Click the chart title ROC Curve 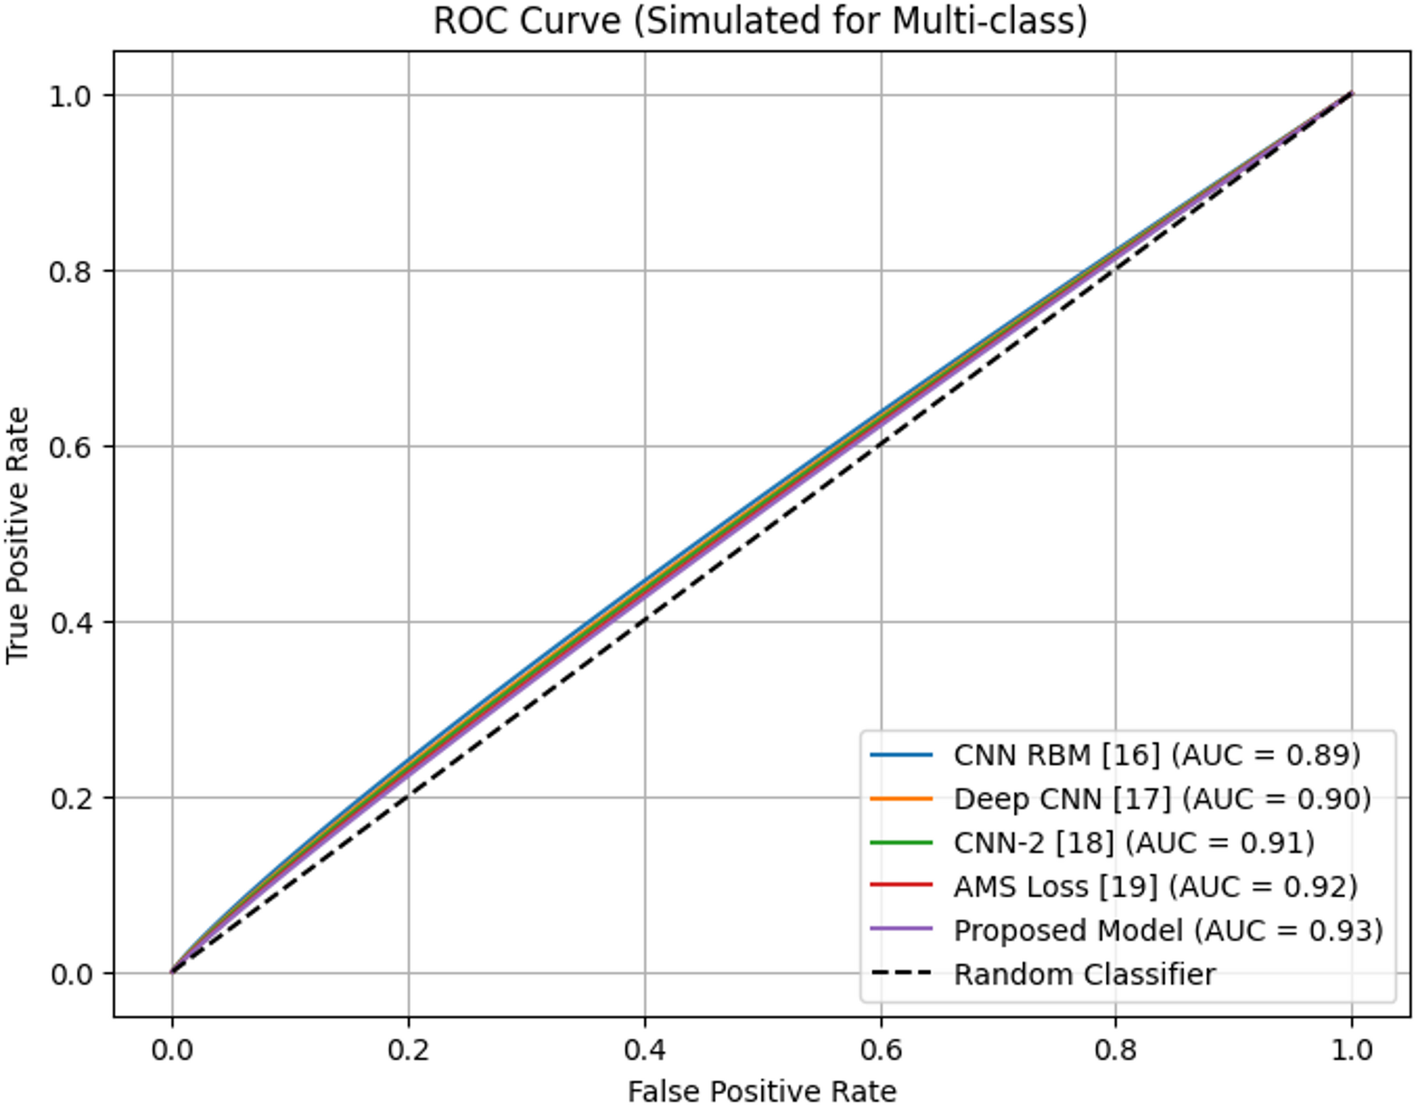coord(760,21)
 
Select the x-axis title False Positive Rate coord(762,1090)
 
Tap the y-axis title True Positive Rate coord(18,535)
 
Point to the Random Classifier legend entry coord(1085,975)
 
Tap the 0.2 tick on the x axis coord(408,1050)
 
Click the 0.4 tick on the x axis coord(644,1050)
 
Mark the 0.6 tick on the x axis coord(881,1050)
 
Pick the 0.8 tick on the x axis coord(1116,1050)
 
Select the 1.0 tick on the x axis coord(1352,1050)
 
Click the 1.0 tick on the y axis coord(71,96)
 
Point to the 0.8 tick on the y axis coord(71,272)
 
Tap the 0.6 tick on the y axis coord(71,447)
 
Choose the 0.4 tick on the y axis coord(71,623)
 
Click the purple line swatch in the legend coord(902,930)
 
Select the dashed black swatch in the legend coord(902,974)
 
